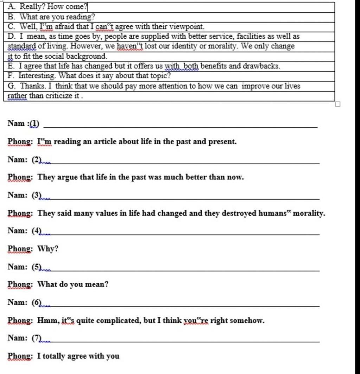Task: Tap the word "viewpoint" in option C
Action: point(187,26)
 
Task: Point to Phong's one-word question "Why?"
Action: point(48,249)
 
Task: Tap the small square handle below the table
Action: point(337,104)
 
